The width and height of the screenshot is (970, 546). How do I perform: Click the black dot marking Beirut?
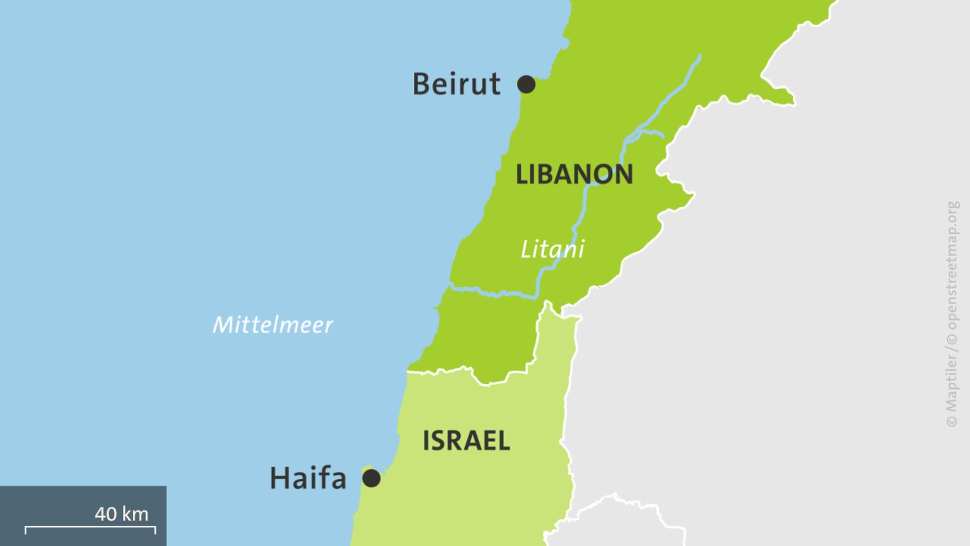(526, 84)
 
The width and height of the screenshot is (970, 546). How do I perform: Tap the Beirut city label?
(456, 84)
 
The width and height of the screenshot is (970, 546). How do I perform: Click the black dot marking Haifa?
(371, 478)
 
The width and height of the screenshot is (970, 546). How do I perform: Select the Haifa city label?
(308, 478)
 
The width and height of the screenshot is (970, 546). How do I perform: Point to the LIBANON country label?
(574, 174)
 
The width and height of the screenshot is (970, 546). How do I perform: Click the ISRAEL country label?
(466, 441)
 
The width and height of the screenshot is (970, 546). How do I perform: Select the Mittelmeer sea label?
(272, 325)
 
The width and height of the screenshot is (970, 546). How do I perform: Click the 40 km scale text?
(121, 514)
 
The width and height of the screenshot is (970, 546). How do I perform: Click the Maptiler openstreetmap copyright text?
(952, 313)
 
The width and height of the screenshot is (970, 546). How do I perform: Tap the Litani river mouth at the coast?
(451, 287)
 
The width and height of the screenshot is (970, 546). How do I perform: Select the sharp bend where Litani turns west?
(537, 296)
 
